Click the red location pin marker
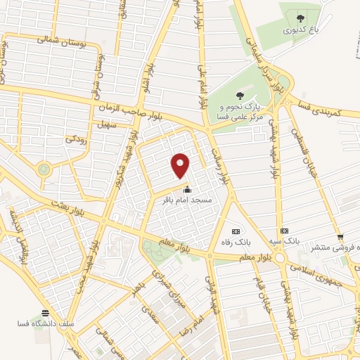pos(181,166)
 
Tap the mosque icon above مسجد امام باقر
pos(187,189)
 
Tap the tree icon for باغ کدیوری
pos(301,19)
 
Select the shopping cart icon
pos(340,237)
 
